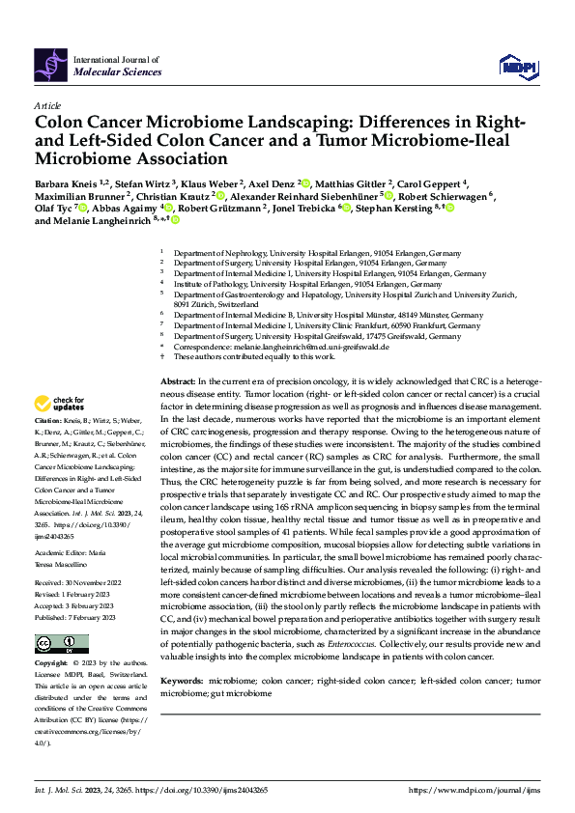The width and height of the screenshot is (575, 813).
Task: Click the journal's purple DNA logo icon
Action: (51, 64)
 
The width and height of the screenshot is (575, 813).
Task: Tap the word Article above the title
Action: (47, 106)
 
